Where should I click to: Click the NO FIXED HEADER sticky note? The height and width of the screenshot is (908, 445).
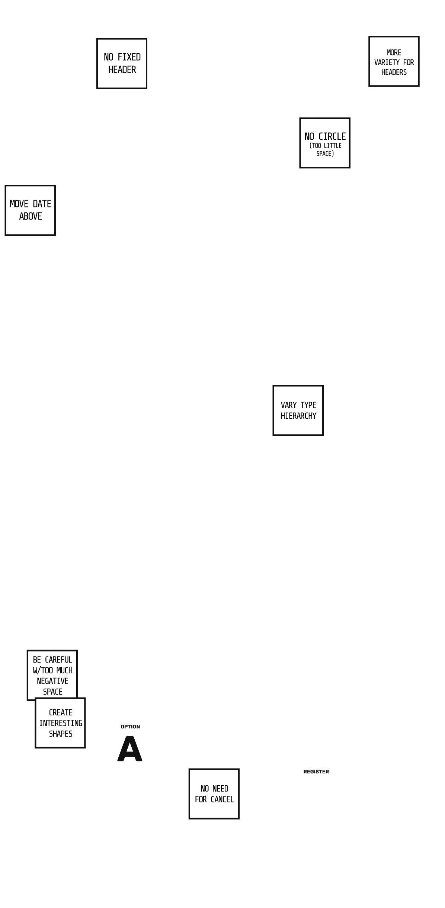tap(122, 63)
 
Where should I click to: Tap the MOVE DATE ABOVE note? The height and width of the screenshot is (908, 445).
tap(30, 210)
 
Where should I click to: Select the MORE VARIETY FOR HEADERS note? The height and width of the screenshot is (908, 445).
tap(394, 62)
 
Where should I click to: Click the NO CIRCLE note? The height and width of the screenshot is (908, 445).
tap(324, 143)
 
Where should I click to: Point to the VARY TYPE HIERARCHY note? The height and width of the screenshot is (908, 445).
tap(298, 410)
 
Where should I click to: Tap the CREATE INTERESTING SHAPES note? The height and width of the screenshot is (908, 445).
tap(60, 723)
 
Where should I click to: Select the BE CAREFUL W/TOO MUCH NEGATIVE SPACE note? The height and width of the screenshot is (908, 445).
tap(52, 675)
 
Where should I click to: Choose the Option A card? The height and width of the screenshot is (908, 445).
tap(130, 744)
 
